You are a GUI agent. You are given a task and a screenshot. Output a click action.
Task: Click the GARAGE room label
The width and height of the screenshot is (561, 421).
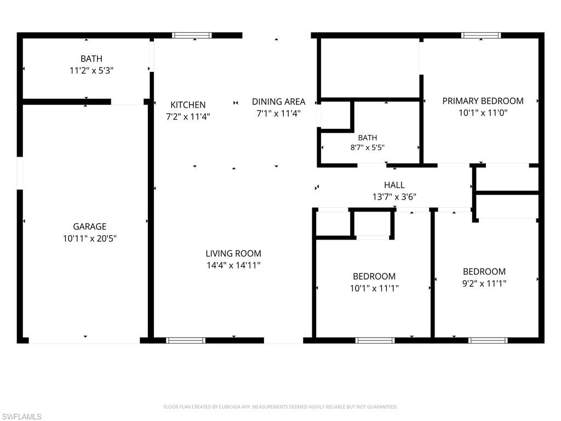(x=89, y=226)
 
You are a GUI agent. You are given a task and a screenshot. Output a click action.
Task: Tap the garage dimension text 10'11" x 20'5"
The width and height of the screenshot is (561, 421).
(x=90, y=238)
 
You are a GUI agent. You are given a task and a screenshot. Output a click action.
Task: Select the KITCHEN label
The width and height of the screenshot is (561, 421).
(x=188, y=105)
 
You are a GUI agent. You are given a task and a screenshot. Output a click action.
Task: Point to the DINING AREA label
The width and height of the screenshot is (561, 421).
(x=278, y=101)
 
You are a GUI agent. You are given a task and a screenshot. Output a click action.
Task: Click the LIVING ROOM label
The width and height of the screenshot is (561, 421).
(x=233, y=253)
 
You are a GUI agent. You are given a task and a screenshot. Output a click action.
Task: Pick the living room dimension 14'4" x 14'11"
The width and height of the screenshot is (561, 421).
(x=233, y=265)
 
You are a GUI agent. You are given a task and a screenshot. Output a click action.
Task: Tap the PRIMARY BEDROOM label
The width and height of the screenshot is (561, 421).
(x=483, y=101)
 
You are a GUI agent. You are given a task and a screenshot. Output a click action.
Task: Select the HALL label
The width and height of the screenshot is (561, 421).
(x=394, y=185)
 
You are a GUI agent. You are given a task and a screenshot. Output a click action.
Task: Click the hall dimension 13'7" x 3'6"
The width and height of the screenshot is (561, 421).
(x=394, y=197)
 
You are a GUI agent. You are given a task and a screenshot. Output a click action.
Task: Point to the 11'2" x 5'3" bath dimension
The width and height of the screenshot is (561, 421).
(x=91, y=71)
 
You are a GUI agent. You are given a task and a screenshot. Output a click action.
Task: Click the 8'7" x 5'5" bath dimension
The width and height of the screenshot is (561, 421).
(x=368, y=147)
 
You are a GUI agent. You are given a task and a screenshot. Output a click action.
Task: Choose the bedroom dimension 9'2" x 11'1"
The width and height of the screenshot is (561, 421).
(x=484, y=283)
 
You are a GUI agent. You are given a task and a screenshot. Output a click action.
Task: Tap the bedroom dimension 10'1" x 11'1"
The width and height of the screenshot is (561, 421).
(x=374, y=288)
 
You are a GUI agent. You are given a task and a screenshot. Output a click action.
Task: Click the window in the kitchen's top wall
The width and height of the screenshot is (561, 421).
(x=192, y=35)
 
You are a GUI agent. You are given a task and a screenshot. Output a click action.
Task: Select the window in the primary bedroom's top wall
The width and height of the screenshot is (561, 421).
(x=481, y=35)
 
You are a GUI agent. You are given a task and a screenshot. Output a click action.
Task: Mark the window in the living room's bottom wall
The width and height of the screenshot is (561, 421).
(x=186, y=340)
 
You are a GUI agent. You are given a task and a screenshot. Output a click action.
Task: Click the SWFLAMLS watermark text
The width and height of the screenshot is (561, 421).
(x=21, y=417)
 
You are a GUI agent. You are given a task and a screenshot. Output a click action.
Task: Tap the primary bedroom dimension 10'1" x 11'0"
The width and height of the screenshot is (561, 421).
(x=483, y=113)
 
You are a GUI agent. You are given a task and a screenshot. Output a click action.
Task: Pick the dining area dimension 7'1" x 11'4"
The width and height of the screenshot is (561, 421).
(x=278, y=113)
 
